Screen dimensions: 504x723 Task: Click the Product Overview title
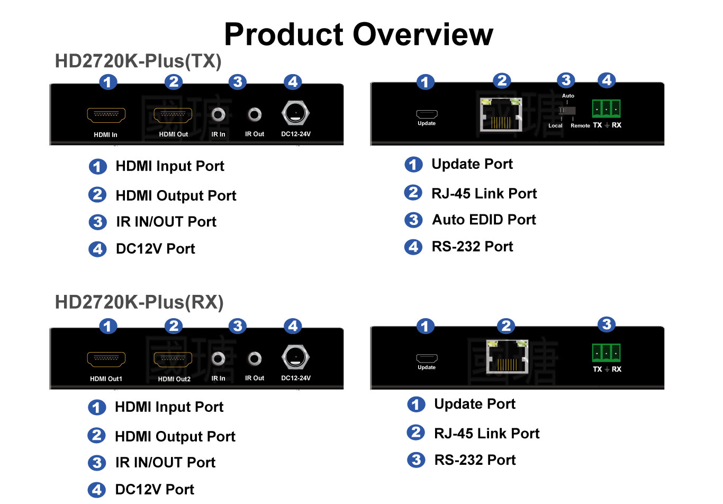point(358,35)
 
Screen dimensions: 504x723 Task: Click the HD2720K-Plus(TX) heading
point(138,61)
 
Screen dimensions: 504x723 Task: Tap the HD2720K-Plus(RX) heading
point(139,302)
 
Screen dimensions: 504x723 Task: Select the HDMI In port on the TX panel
point(106,115)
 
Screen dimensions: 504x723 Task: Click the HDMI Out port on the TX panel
point(173,115)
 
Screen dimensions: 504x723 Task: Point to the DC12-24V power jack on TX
point(295,114)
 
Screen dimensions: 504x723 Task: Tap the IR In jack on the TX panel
point(218,114)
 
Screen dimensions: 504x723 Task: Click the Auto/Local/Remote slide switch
point(567,111)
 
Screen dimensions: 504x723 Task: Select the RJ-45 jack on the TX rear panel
point(501,115)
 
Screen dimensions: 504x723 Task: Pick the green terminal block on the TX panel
point(606,109)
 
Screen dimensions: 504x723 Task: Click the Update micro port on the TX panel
point(427,114)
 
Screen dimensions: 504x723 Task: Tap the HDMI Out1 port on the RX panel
point(106,359)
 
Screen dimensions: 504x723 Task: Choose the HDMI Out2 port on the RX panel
point(173,359)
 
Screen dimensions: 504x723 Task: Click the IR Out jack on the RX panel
point(255,359)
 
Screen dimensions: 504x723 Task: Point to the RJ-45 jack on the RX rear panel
point(507,357)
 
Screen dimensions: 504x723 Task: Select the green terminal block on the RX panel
point(606,353)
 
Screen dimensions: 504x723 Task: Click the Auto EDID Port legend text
point(484,220)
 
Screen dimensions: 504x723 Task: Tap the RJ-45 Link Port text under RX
point(486,434)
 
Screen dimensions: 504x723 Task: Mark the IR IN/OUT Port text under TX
point(166,222)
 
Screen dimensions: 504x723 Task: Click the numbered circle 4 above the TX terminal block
point(607,80)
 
